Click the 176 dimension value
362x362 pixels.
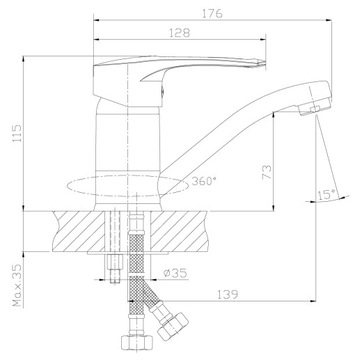(212, 13)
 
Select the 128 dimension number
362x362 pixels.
(179, 33)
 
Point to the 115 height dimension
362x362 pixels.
(17, 134)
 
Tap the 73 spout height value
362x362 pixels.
(267, 172)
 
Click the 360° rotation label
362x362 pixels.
(204, 181)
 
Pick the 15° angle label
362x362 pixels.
(326, 194)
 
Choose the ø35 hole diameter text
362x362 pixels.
(175, 273)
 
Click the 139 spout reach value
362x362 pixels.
(228, 294)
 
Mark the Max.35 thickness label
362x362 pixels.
(17, 285)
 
